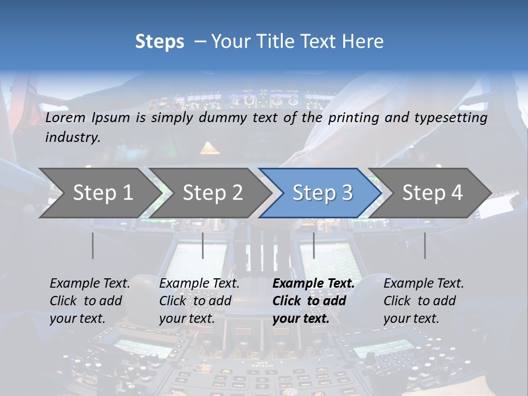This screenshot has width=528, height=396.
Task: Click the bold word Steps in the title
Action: coord(159,41)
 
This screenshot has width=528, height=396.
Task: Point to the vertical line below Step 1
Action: coord(92,245)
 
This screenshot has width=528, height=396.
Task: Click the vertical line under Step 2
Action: coord(203,245)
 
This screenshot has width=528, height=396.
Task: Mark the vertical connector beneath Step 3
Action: coord(313,245)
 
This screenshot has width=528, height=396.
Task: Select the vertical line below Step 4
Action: coord(425,245)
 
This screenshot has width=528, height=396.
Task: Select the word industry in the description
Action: coord(72,137)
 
